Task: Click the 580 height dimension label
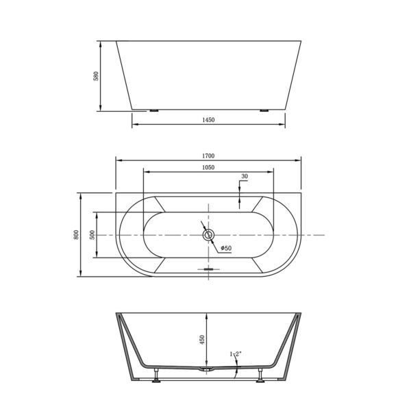[x=96, y=76]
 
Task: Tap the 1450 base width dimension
[x=208, y=120]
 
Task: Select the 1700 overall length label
[x=208, y=156]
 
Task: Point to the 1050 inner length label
[x=208, y=167]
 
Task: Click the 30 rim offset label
[x=245, y=177]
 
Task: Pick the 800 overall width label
[x=76, y=234]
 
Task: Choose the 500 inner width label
[x=92, y=234]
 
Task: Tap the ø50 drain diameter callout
[x=226, y=248]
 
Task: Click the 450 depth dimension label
[x=202, y=340]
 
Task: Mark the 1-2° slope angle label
[x=236, y=354]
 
